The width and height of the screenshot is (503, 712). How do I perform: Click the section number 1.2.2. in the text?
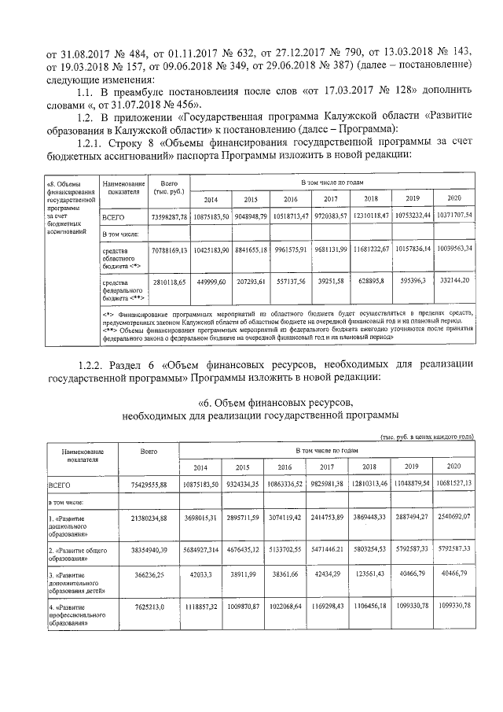pyautogui.click(x=96, y=365)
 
